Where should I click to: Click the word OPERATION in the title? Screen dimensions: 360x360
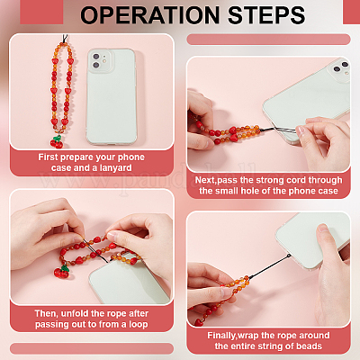point(150,15)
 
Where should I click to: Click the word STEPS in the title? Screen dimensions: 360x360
point(266,15)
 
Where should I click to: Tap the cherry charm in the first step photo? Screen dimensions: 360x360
point(57,141)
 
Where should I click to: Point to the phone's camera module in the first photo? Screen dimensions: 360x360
point(100,60)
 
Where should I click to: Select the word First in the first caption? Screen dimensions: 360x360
point(49,157)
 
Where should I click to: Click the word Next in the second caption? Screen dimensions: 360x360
point(205,180)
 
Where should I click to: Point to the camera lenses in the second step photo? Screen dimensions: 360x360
point(341,67)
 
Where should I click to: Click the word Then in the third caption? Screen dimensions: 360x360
point(46,313)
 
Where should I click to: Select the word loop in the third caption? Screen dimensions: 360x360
point(139,325)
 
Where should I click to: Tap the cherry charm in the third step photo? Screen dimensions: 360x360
point(62,271)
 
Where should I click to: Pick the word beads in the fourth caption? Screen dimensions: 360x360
point(309,346)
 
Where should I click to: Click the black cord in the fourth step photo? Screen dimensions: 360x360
point(269,266)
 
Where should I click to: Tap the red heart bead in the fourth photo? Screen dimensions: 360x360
point(198,322)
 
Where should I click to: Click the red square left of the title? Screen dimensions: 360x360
point(41,12)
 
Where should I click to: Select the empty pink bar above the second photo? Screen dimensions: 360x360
point(268,40)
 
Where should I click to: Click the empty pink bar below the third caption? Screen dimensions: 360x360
point(92,348)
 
